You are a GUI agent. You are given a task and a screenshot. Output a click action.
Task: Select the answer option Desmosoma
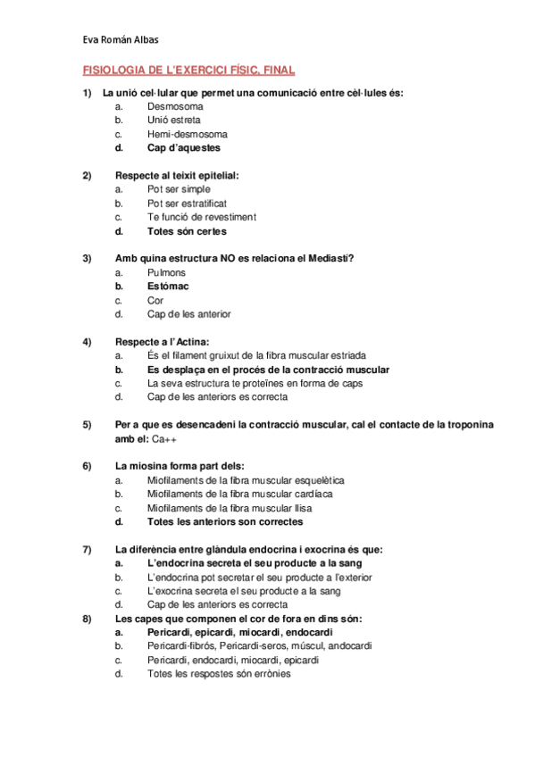click(175, 105)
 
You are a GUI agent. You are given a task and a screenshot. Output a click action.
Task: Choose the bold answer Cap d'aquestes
click(183, 148)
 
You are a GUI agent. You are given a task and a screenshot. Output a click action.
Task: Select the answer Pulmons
click(166, 272)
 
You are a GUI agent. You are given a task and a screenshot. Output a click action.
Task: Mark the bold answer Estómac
click(168, 287)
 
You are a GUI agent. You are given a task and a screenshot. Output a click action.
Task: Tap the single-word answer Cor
click(155, 300)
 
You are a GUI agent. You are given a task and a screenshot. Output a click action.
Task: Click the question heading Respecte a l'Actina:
click(162, 342)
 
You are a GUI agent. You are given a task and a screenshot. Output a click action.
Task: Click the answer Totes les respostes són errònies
click(218, 674)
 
